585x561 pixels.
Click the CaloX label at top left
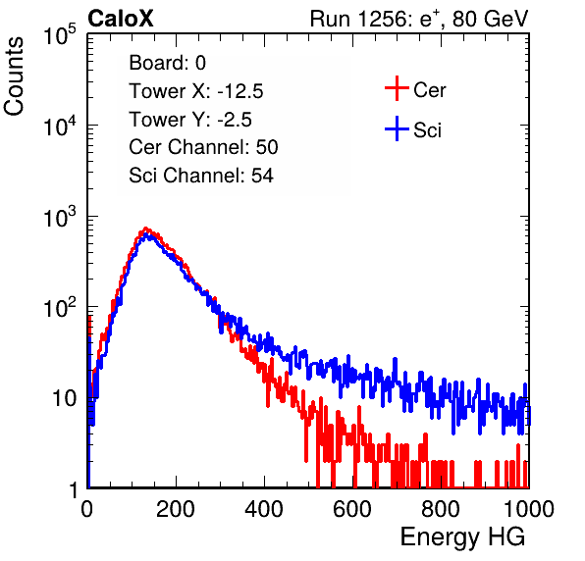click(121, 19)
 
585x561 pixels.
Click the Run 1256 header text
click(419, 20)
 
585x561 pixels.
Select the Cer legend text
click(429, 90)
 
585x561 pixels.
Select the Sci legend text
click(428, 130)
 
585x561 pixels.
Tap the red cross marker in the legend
click(397, 88)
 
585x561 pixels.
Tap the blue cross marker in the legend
click(397, 128)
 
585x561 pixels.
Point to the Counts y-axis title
click(14, 76)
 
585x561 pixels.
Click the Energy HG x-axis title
click(462, 536)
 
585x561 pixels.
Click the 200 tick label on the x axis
click(176, 509)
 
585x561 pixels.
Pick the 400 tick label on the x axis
click(264, 509)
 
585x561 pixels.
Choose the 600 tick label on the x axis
click(352, 509)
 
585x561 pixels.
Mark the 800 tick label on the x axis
click(441, 509)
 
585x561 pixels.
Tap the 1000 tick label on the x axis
click(529, 509)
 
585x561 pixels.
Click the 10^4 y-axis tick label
click(60, 126)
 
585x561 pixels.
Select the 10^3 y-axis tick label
click(60, 217)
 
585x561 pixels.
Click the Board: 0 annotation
click(168, 63)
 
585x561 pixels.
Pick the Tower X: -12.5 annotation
click(196, 91)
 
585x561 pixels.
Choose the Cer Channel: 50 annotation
click(204, 147)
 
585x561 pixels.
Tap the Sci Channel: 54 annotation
click(201, 176)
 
